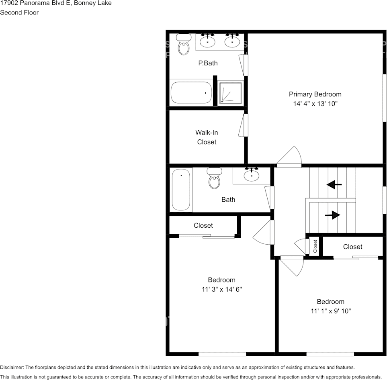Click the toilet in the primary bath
coord(184,44)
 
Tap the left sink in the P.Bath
coord(208,41)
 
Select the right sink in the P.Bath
coord(232,41)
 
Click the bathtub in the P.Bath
coord(191,93)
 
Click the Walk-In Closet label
coord(207,137)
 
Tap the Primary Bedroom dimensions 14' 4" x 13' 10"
coord(315,104)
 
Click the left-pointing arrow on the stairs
coord(334,185)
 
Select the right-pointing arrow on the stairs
coord(332,216)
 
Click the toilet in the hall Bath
coord(214,178)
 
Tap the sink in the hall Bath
coord(252,175)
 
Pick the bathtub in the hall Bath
coord(181,189)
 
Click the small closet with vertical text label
coord(315,246)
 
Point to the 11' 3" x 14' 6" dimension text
coord(221,289)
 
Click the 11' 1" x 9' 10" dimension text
coord(331,311)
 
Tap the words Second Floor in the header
coord(19,12)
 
